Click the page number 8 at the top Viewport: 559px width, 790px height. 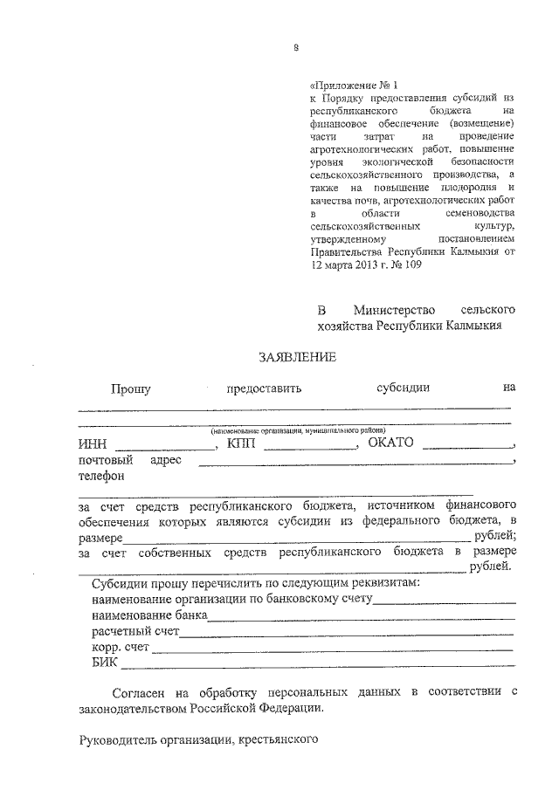pos(297,49)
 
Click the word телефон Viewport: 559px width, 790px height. pos(101,477)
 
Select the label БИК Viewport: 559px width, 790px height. pos(104,663)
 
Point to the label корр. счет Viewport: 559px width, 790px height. pos(121,647)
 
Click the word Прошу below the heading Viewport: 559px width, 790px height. pos(130,389)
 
